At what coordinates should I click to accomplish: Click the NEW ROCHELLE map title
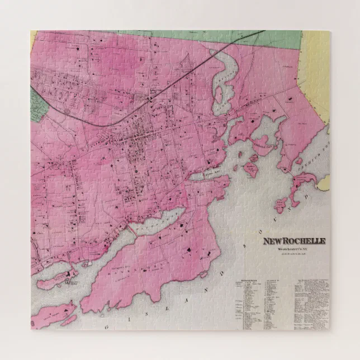point(295,241)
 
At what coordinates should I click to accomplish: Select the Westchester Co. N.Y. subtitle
point(294,250)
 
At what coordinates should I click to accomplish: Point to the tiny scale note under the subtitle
point(294,255)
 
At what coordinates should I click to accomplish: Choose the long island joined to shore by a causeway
point(53,274)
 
